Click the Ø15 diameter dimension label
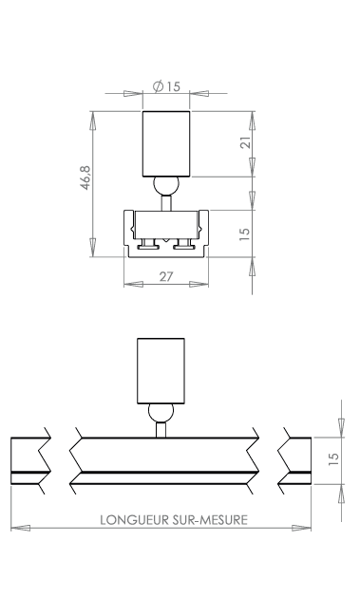[166, 86]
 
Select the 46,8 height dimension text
[85, 177]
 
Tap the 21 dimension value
[246, 142]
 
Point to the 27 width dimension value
[166, 276]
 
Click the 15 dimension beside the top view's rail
[244, 233]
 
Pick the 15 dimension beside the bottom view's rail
[333, 458]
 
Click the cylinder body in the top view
[166, 144]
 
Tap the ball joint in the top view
[166, 186]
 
